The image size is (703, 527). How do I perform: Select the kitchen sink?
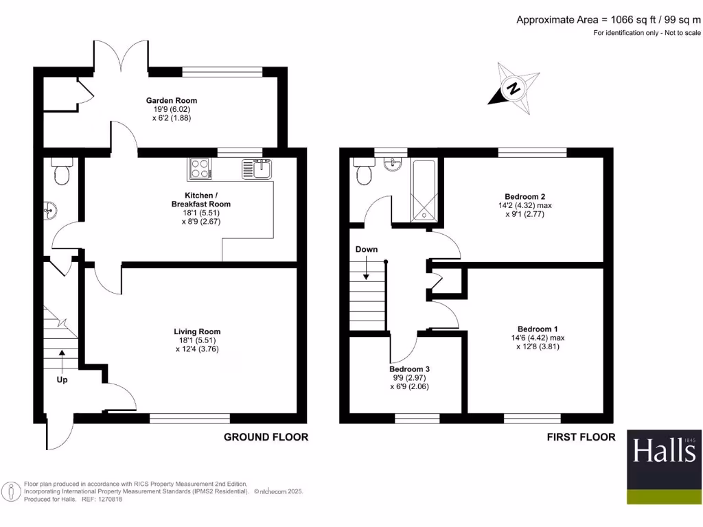[x=257, y=168]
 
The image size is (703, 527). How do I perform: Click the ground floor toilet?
[x=62, y=172]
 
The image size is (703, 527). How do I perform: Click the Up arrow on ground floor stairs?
[x=62, y=364]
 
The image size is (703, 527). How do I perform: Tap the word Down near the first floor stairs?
[x=366, y=249]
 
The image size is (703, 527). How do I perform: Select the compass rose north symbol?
[x=513, y=89]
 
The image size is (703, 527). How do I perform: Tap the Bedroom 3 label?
[x=411, y=369]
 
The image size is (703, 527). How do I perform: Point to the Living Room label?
[x=197, y=331]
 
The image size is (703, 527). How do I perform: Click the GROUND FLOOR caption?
[x=266, y=437]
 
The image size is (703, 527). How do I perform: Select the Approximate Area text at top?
[x=608, y=20]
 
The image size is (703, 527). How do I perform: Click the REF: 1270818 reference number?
[x=103, y=500]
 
